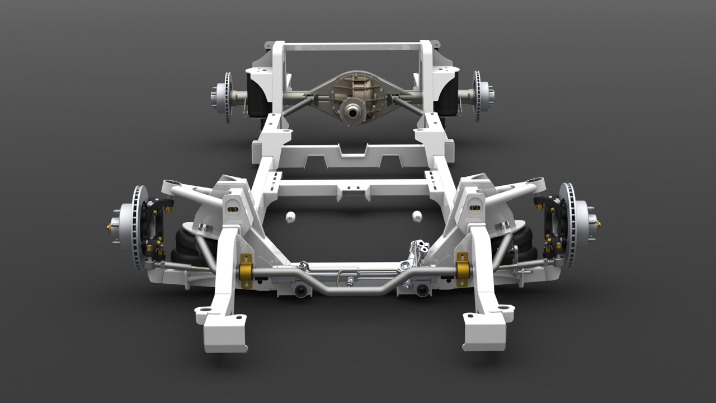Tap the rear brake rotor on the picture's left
[228, 96]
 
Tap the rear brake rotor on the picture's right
[477, 96]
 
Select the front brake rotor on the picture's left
[137, 227]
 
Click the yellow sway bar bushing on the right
[462, 270]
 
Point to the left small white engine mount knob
[290, 217]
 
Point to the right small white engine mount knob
[417, 217]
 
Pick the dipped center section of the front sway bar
[352, 290]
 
